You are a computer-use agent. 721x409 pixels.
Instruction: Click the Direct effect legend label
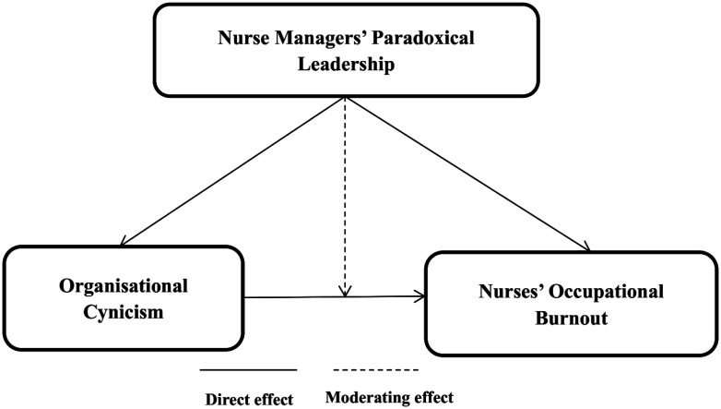(x=248, y=398)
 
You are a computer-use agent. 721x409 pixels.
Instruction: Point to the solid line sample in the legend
(x=248, y=371)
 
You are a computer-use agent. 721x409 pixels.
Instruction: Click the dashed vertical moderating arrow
(x=345, y=194)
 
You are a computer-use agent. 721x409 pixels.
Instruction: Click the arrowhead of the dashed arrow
(x=345, y=291)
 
